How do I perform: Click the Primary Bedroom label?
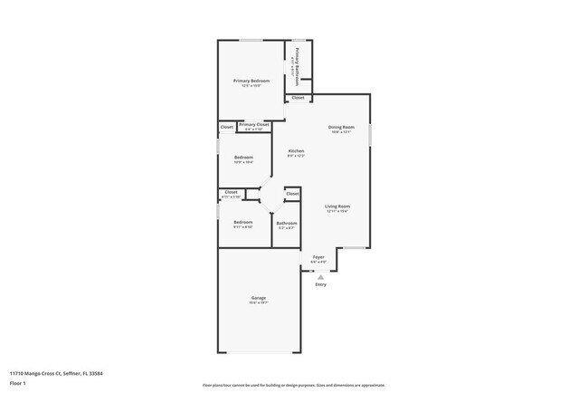point(251,81)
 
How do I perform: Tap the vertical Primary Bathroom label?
point(295,66)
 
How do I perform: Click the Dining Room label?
point(341,128)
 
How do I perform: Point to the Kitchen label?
point(296,151)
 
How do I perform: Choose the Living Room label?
point(337,206)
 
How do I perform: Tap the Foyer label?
point(318,258)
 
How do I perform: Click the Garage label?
point(258,299)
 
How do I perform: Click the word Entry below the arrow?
point(320,285)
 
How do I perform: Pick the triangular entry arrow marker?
point(320,276)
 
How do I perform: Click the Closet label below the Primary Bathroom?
point(298,98)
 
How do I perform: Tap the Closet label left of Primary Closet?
point(227,127)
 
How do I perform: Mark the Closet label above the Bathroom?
point(292,193)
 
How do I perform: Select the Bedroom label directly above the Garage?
point(242,223)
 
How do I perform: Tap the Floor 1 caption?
point(19,383)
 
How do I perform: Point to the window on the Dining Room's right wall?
point(369,134)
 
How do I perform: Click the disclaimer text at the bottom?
point(293,385)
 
